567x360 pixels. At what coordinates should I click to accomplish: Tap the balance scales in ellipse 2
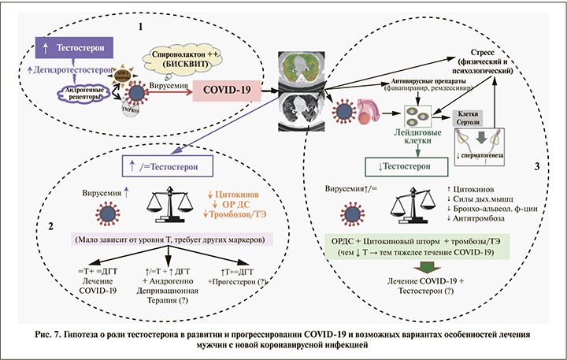tap(169, 206)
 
